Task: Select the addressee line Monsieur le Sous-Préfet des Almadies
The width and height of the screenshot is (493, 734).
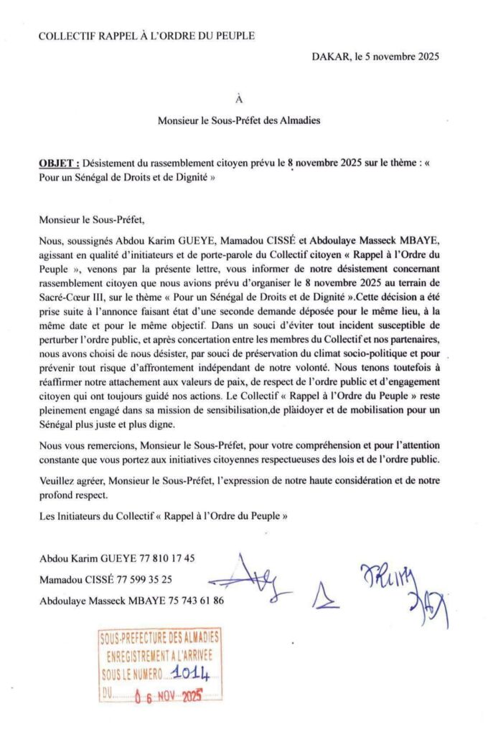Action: pyautogui.click(x=248, y=121)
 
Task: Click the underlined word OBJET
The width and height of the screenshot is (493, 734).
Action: pyautogui.click(x=59, y=163)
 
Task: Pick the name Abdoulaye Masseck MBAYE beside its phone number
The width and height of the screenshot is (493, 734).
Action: pyautogui.click(x=100, y=599)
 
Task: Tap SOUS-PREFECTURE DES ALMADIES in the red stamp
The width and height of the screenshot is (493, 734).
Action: pyautogui.click(x=160, y=637)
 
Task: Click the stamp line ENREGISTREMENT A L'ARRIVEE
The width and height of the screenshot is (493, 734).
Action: pyautogui.click(x=160, y=655)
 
